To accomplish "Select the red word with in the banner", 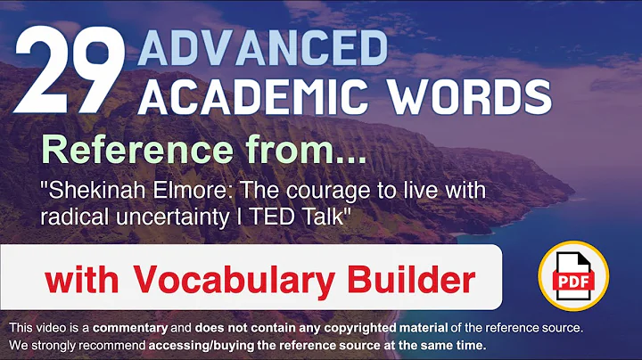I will coord(81,280).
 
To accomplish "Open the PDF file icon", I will coord(572,277).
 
